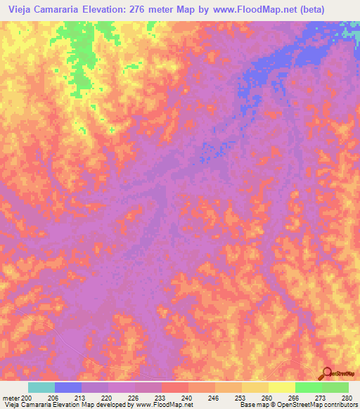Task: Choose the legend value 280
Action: (345, 397)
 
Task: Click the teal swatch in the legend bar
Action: (41, 387)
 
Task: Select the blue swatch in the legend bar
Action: (68, 387)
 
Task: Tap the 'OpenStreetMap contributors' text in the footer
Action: (320, 405)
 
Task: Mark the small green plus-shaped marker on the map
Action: (111, 129)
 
